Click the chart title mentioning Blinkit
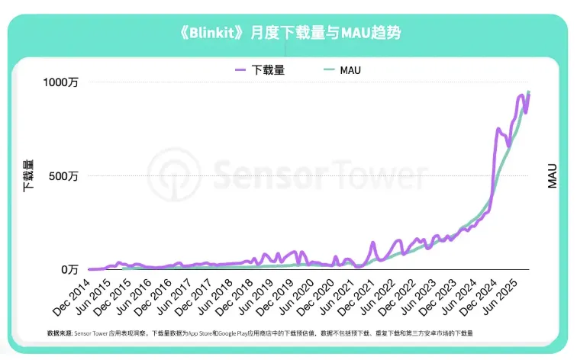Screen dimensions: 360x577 tap(288, 33)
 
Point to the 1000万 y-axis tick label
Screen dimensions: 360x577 tap(61, 82)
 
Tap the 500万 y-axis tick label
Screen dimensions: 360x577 tap(64, 176)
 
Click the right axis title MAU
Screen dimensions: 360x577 tap(552, 175)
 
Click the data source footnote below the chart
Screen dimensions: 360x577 tap(259, 334)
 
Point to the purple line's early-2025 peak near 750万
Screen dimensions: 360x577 tap(498, 130)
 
